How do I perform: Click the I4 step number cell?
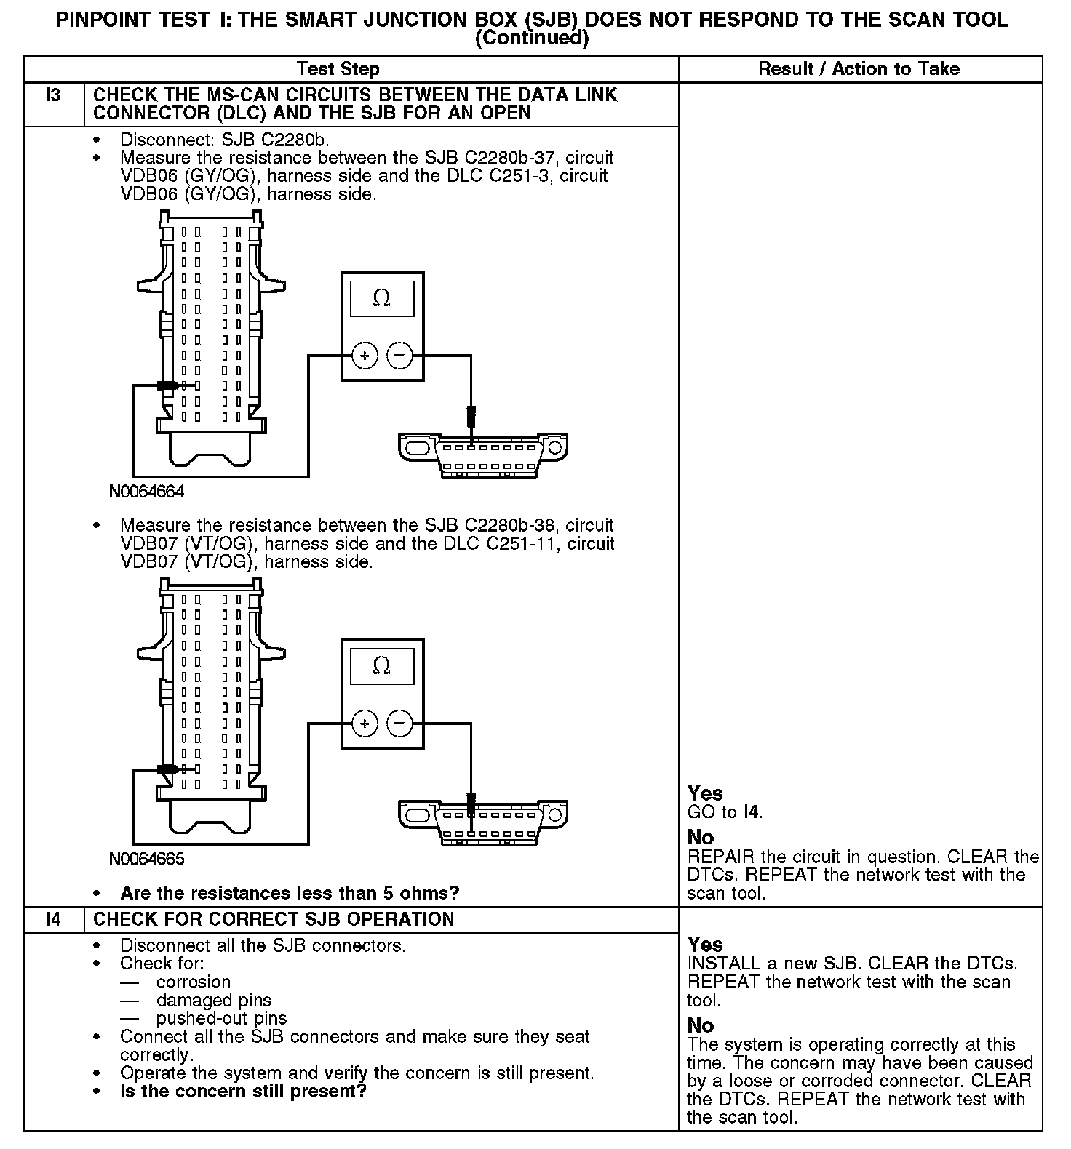click(x=54, y=919)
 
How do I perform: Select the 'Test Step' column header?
click(x=338, y=69)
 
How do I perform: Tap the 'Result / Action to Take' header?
click(x=859, y=69)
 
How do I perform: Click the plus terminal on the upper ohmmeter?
click(x=365, y=356)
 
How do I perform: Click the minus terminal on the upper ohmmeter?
click(x=399, y=356)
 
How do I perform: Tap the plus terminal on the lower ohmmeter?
click(x=365, y=724)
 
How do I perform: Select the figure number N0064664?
click(x=147, y=492)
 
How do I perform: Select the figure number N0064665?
click(x=147, y=859)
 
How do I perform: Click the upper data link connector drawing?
click(x=483, y=454)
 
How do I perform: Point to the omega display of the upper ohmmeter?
click(x=382, y=298)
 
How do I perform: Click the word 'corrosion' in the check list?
click(x=193, y=982)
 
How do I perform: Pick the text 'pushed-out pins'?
click(x=221, y=1018)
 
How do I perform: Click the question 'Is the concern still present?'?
click(x=243, y=1092)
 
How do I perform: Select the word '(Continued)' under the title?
click(x=531, y=39)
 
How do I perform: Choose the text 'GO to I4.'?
click(x=725, y=812)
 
